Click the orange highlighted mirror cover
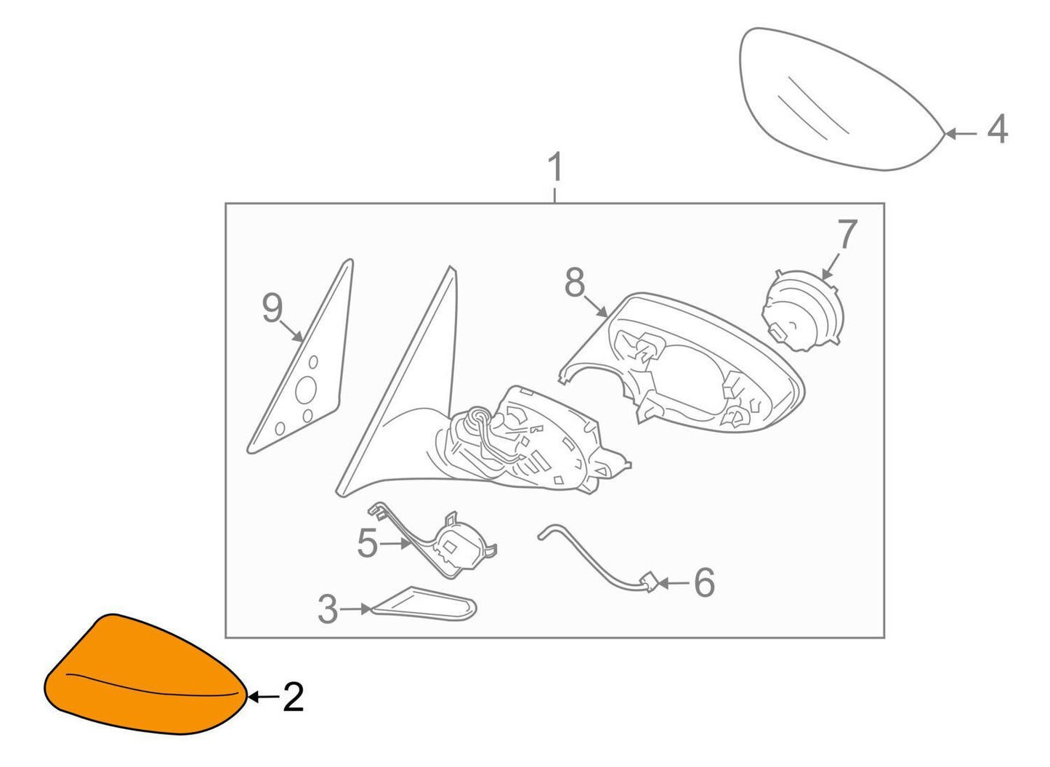point(145,675)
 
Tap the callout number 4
point(998,129)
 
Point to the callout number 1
point(555,167)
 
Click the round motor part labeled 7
point(802,310)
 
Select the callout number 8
point(575,282)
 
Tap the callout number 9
point(272,308)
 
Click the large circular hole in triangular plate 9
point(306,390)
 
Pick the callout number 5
point(367,544)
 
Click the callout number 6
point(704,583)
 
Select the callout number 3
point(327,609)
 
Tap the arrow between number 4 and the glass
point(961,134)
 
